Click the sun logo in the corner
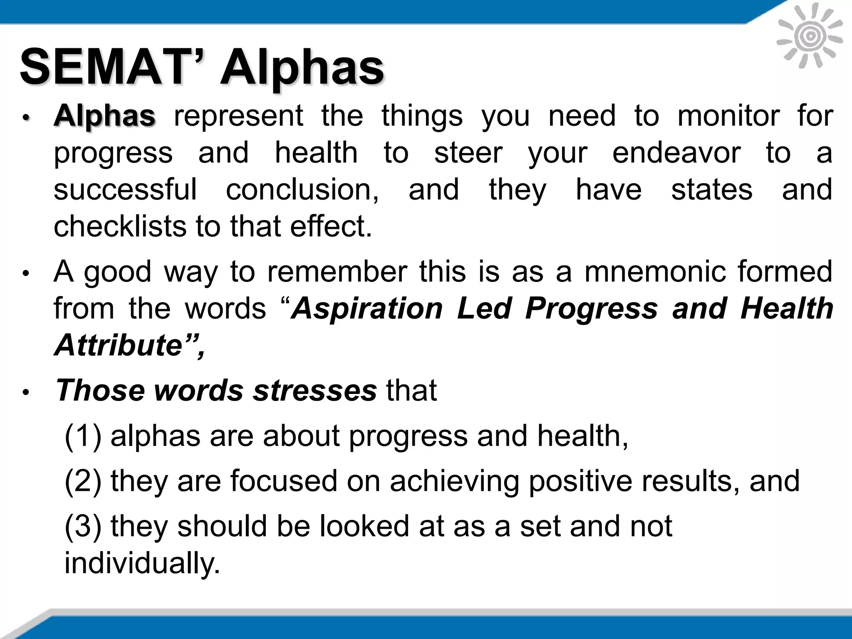[x=810, y=37]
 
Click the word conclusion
[x=302, y=189]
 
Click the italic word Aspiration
[x=367, y=309]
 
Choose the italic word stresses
[x=315, y=391]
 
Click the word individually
[x=142, y=563]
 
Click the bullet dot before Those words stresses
[x=26, y=392]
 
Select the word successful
[x=125, y=189]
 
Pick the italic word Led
[x=484, y=309]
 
